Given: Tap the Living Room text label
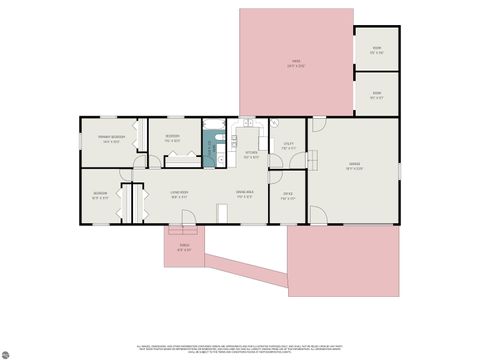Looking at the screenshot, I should (181, 196).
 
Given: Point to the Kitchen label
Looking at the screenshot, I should (252, 154).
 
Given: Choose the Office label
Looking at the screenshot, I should (287, 195).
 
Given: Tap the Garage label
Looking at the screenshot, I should (354, 165).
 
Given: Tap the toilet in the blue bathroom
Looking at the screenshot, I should (220, 158).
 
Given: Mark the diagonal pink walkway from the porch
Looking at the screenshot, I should (245, 266).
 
